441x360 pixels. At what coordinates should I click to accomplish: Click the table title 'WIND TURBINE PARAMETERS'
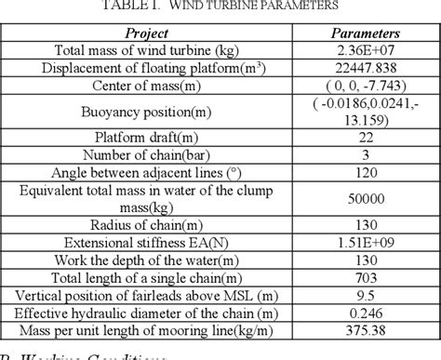pos(257,7)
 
